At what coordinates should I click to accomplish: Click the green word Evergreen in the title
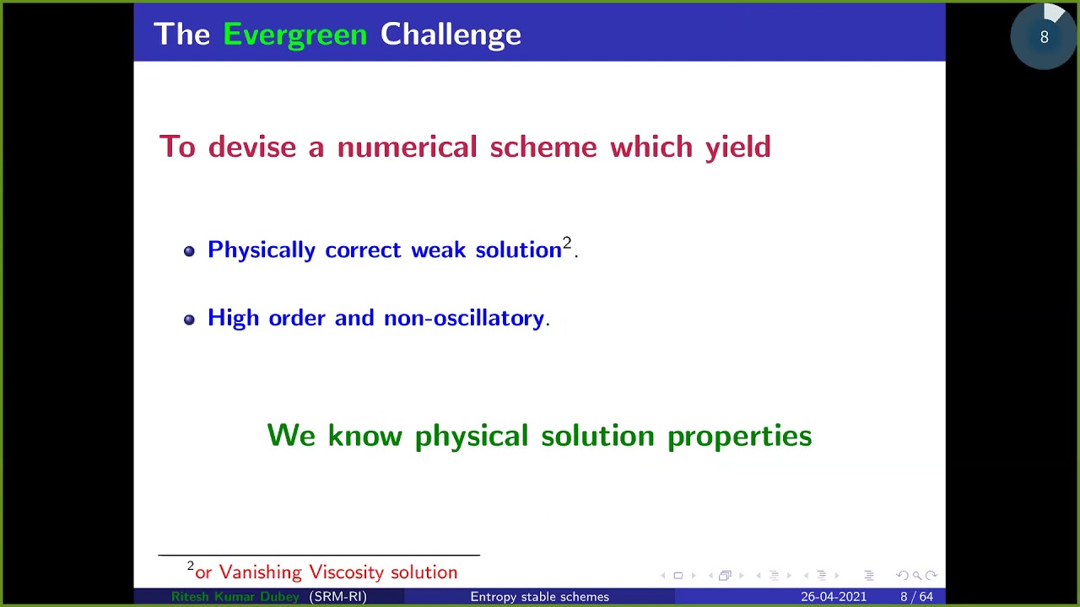(x=294, y=35)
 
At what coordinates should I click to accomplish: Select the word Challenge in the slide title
(x=451, y=35)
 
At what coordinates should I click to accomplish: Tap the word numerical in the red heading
(x=407, y=147)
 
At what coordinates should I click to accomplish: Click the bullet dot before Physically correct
(x=189, y=251)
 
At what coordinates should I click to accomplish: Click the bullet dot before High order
(x=189, y=320)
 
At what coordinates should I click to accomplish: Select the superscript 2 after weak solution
(x=567, y=244)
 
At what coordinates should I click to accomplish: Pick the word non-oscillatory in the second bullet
(x=463, y=318)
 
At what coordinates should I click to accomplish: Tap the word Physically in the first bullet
(x=261, y=250)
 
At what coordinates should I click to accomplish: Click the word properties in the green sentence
(x=739, y=436)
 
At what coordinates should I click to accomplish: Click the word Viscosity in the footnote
(x=347, y=572)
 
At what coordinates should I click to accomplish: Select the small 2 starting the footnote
(x=191, y=567)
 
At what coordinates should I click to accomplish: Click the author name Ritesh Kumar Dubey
(x=235, y=597)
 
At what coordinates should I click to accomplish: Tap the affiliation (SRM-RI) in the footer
(x=337, y=597)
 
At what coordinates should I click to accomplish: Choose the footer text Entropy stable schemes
(x=539, y=597)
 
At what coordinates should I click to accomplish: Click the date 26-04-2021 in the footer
(x=833, y=597)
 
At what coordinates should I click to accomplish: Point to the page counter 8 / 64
(x=916, y=597)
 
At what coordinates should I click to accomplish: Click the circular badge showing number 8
(x=1044, y=37)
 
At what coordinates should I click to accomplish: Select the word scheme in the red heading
(x=543, y=147)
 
